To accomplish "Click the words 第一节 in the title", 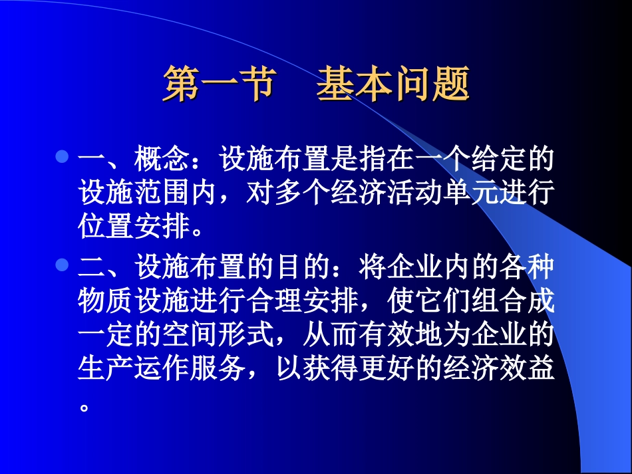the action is click(x=220, y=83).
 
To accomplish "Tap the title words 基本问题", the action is click(x=393, y=83).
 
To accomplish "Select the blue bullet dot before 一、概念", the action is click(x=62, y=156).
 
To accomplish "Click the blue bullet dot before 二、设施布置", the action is click(x=62, y=265).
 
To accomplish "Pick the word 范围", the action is click(x=162, y=192).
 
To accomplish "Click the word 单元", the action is click(x=471, y=192).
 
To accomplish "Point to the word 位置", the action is click(x=105, y=225).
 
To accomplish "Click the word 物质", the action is click(x=105, y=300).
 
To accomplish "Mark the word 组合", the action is click(x=500, y=300).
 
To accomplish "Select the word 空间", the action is click(x=190, y=334).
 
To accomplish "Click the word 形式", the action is click(x=246, y=334).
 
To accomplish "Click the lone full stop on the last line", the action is click(x=84, y=407).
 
